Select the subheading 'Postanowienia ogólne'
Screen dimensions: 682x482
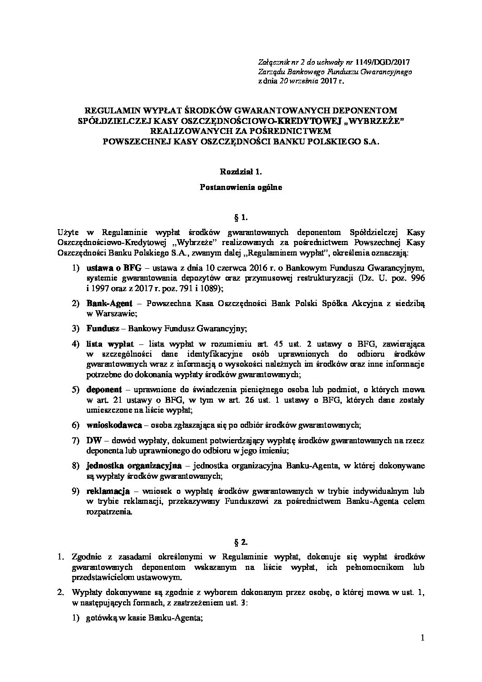241,187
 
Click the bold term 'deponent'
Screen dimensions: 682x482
103,390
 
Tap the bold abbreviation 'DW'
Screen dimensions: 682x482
92,441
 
